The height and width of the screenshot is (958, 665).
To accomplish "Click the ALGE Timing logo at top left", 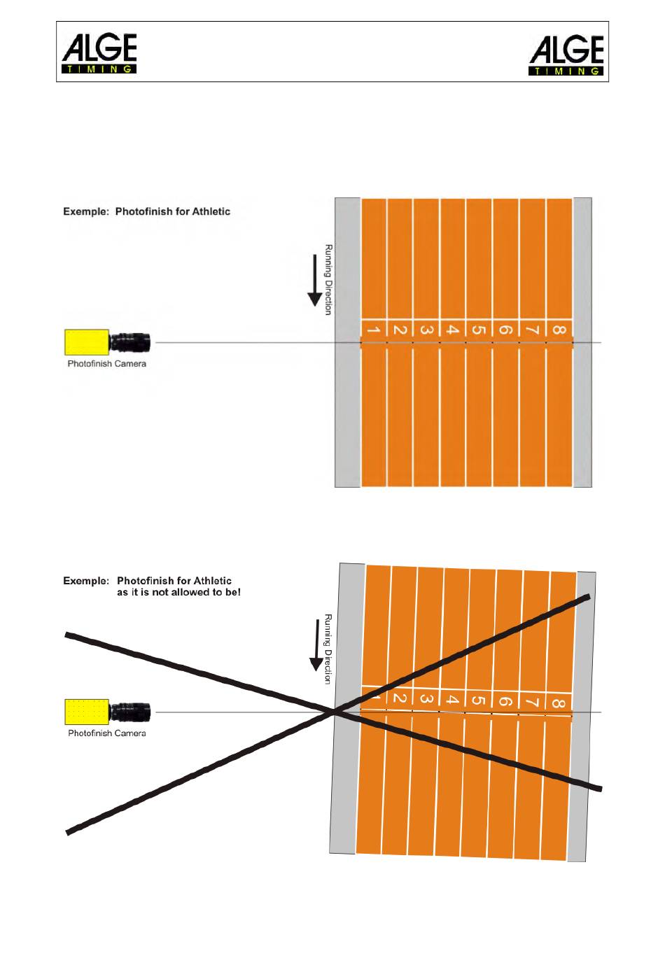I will click(x=99, y=53).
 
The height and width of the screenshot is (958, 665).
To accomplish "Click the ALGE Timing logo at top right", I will click(x=566, y=55).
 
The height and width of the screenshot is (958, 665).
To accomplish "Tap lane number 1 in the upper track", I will click(x=373, y=330).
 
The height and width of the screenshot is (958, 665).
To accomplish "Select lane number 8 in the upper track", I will click(x=559, y=330).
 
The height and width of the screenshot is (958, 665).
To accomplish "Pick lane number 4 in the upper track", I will click(x=452, y=330).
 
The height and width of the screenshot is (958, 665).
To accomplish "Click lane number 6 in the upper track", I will click(x=505, y=330).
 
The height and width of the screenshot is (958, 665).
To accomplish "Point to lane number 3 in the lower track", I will click(x=426, y=699).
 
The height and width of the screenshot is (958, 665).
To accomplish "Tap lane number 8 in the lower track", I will click(x=558, y=703).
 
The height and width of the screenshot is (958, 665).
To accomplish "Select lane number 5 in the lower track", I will click(x=479, y=700).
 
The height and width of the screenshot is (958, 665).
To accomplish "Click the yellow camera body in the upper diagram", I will click(x=87, y=342).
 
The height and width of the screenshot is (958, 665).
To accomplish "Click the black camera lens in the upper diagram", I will click(x=130, y=342).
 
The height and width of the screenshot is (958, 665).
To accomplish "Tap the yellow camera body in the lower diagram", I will click(x=87, y=712).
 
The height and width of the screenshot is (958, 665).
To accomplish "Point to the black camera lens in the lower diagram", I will click(x=130, y=712).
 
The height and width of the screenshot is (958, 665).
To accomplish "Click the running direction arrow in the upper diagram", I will click(x=315, y=280).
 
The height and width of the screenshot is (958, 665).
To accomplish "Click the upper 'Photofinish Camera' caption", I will click(x=106, y=364).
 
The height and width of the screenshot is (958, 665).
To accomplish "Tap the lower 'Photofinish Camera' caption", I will click(x=106, y=733).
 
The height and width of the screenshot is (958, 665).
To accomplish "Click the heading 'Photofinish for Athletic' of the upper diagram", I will click(x=172, y=211).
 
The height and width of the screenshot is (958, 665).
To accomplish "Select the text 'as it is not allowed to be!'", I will click(x=178, y=592).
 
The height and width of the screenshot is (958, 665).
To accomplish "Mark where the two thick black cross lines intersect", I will click(x=333, y=712).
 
